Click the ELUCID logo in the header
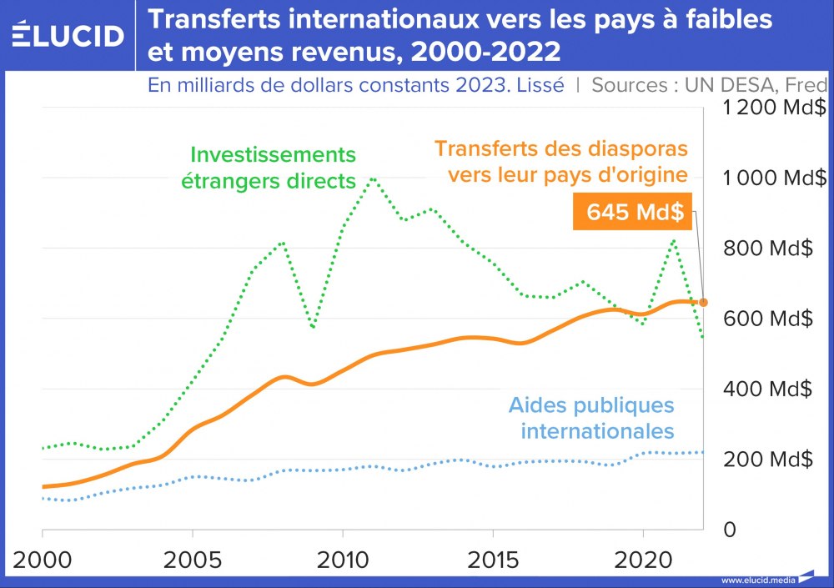pos(68,35)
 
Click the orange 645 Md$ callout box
pos(635,212)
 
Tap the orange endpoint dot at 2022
pos(703,302)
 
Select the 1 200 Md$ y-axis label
pos(774,108)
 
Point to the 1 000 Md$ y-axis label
pos(774,178)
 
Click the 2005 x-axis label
pos(193,558)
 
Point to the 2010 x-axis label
pos(343,558)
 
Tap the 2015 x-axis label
pos(493,558)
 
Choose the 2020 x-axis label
pos(643,558)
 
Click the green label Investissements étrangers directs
pos(273,168)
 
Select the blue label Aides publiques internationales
pos(591,419)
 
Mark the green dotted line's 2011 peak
pos(373,178)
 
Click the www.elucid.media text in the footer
pos(757,580)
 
